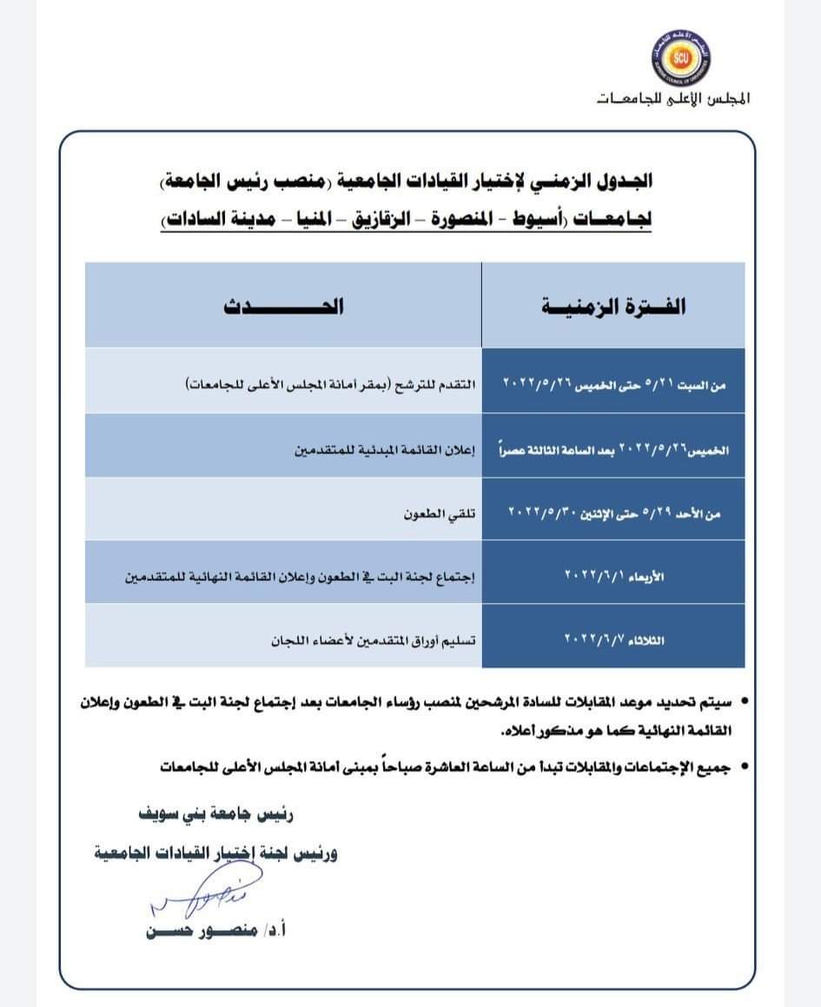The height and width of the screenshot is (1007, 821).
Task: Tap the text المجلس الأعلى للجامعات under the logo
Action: [674, 99]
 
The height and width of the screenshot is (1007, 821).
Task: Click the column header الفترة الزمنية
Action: [613, 307]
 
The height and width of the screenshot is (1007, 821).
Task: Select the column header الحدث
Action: [283, 307]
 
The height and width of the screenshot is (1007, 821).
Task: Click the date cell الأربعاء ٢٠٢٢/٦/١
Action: [613, 573]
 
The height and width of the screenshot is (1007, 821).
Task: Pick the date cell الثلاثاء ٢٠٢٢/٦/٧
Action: [613, 639]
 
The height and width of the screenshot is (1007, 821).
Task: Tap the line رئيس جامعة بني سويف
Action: [217, 816]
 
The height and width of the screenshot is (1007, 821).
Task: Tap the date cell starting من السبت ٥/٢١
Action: [613, 382]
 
